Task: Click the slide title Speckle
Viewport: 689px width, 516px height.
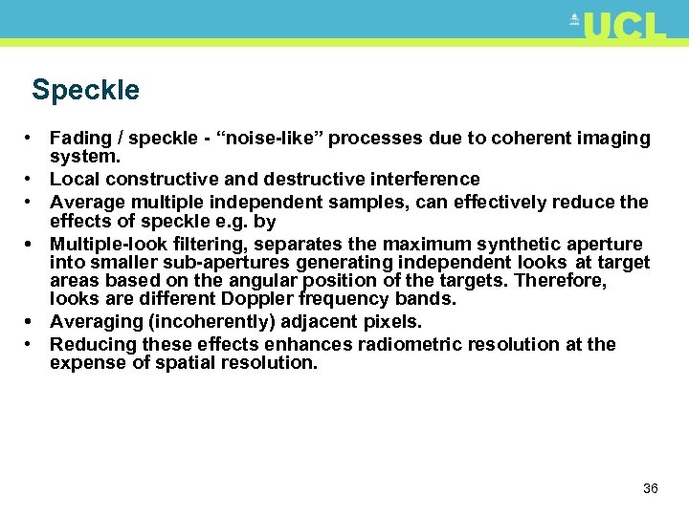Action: click(x=85, y=91)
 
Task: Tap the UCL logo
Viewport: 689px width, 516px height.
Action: click(x=620, y=26)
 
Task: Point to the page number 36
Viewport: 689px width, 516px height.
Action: click(x=651, y=488)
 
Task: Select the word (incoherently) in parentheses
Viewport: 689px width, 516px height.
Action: click(x=207, y=322)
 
